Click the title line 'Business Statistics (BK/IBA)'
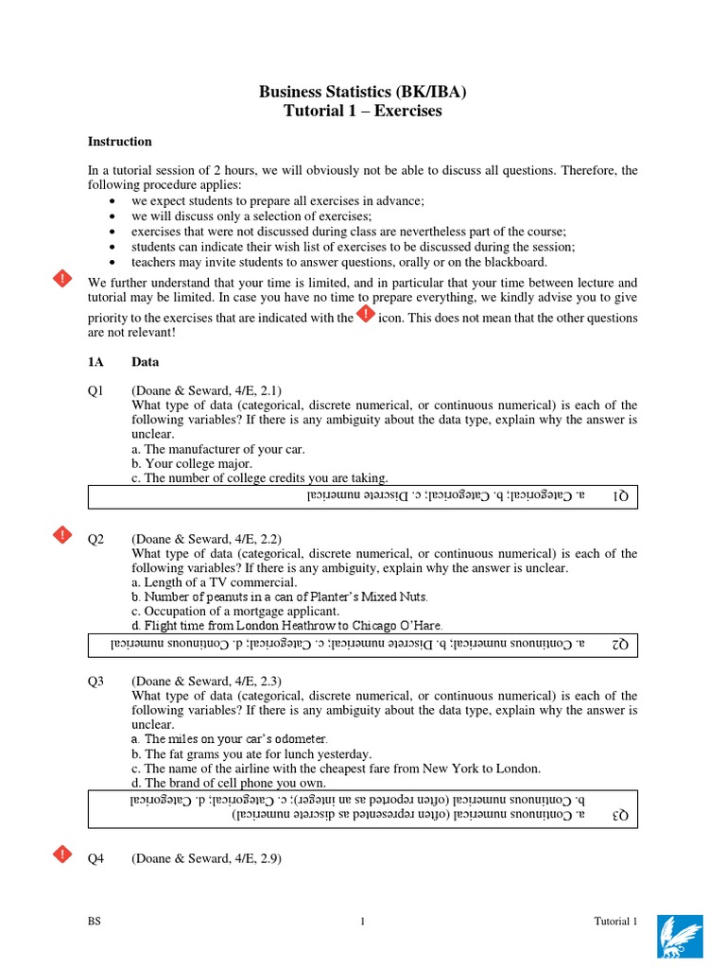pos(363,92)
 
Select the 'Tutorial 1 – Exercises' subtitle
pos(363,112)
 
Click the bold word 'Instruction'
pos(120,142)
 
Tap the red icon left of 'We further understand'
pos(61,278)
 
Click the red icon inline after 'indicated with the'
pos(366,315)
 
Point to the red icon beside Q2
pos(61,535)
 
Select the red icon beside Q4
pos(61,855)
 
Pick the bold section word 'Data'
pos(146,362)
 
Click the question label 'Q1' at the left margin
pos(95,390)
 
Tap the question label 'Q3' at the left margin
pos(95,681)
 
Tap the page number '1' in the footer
pos(363,923)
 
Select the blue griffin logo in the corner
pos(680,936)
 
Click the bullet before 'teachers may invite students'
pos(113,262)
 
